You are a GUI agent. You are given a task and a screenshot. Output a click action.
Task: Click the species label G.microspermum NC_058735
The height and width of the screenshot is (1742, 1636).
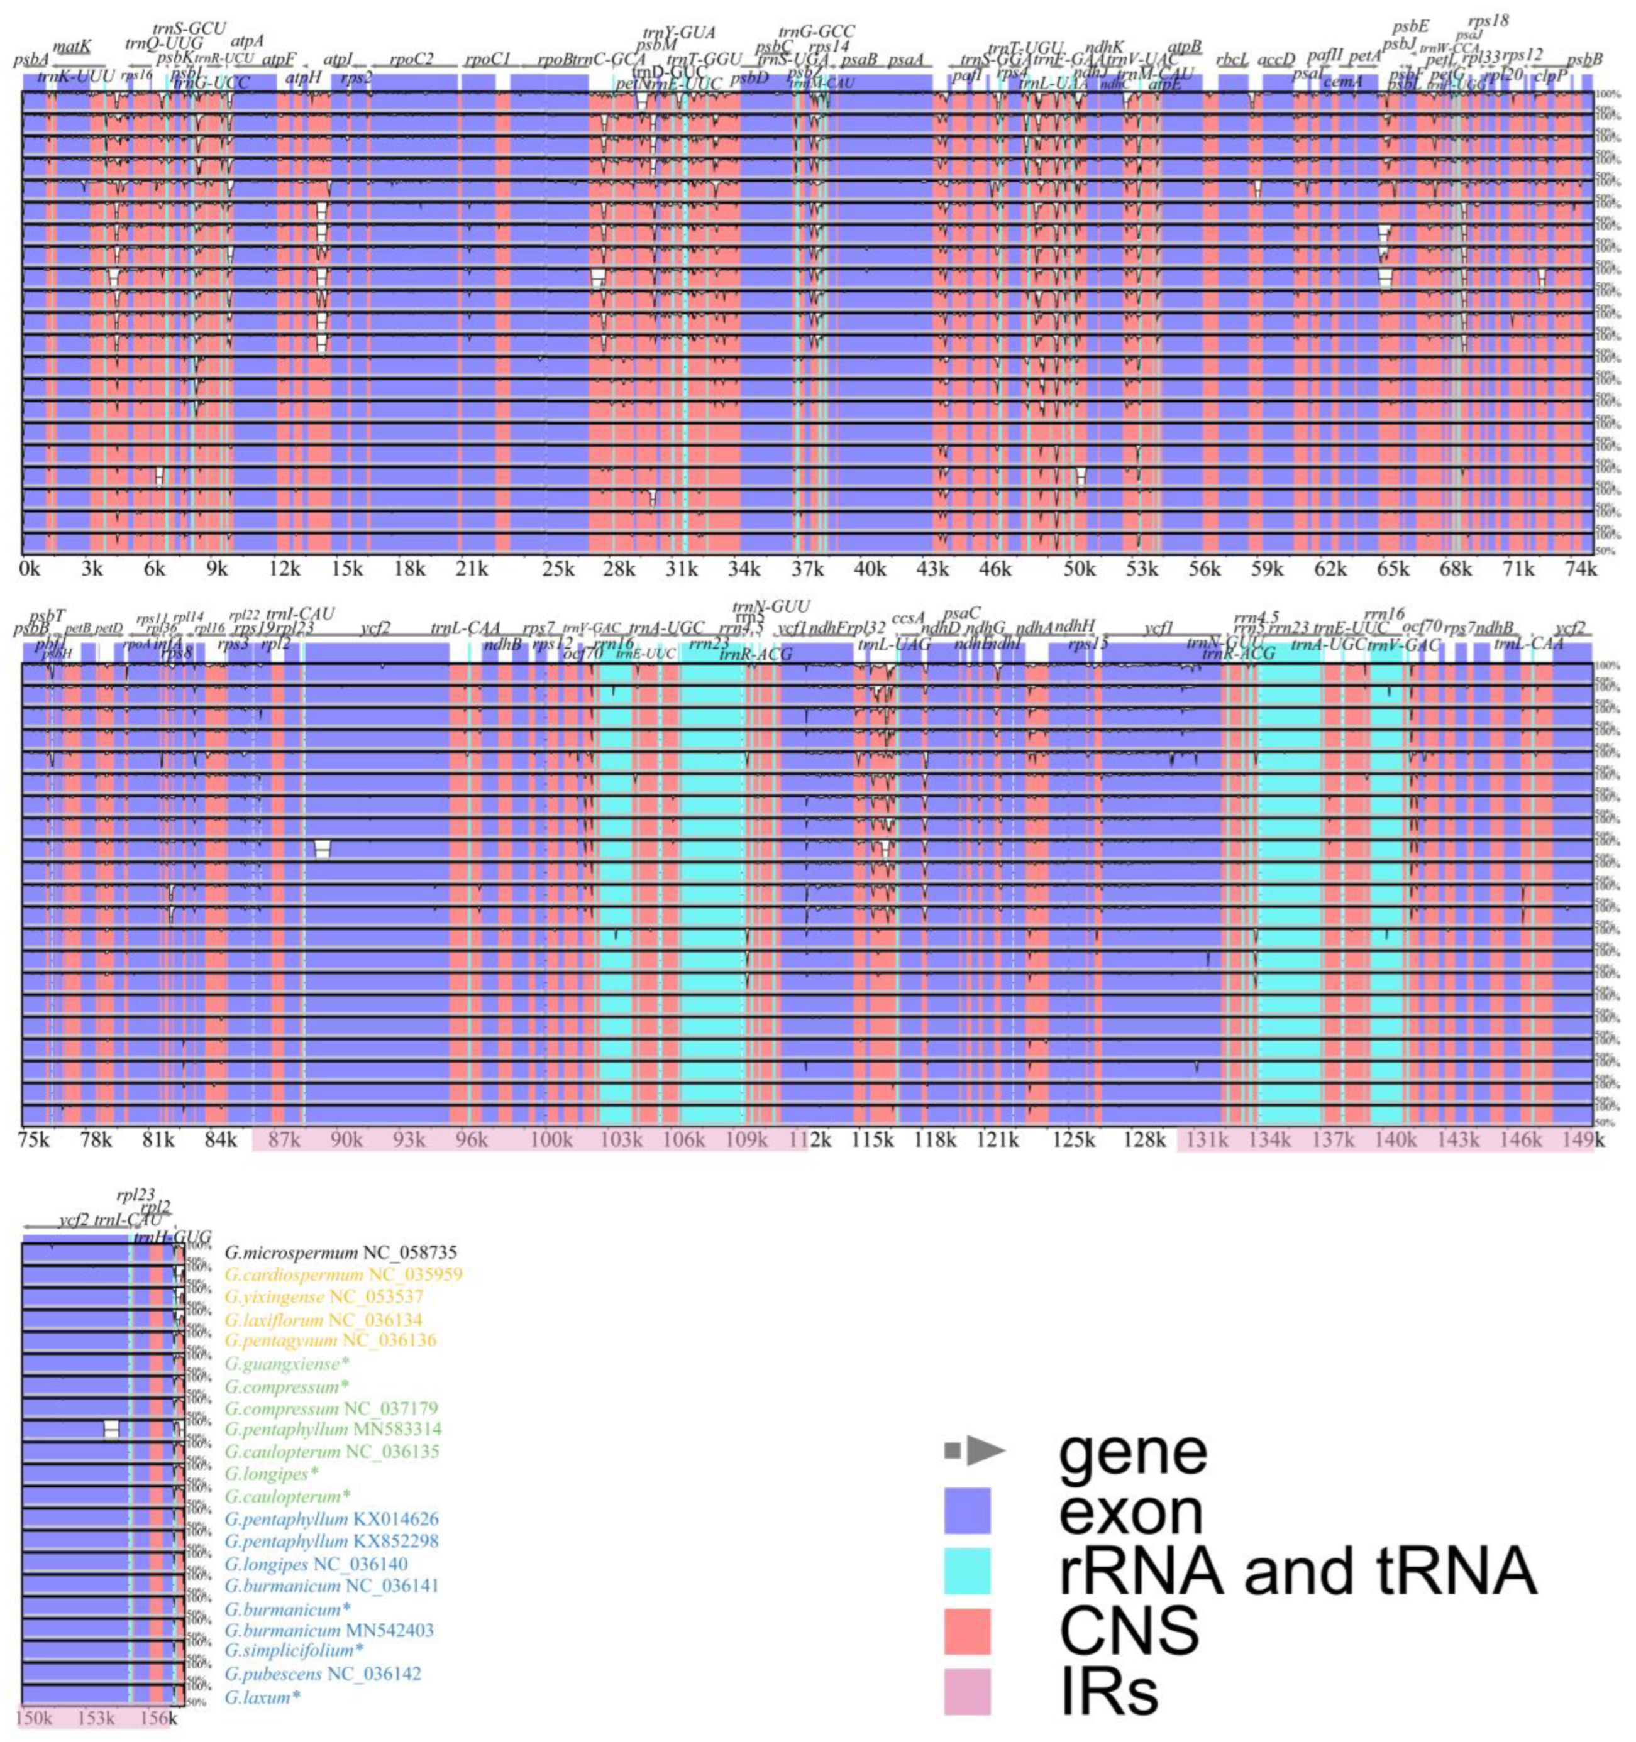click(x=341, y=1253)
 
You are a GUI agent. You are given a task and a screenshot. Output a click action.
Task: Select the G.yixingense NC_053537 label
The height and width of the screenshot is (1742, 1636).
click(x=324, y=1297)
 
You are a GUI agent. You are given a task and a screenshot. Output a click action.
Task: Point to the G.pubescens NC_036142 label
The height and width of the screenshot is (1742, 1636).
click(x=323, y=1674)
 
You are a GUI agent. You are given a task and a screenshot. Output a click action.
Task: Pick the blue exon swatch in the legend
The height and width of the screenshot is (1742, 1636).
click(x=967, y=1511)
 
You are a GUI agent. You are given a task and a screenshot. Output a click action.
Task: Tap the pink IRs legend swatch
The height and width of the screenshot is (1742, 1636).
click(x=967, y=1690)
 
